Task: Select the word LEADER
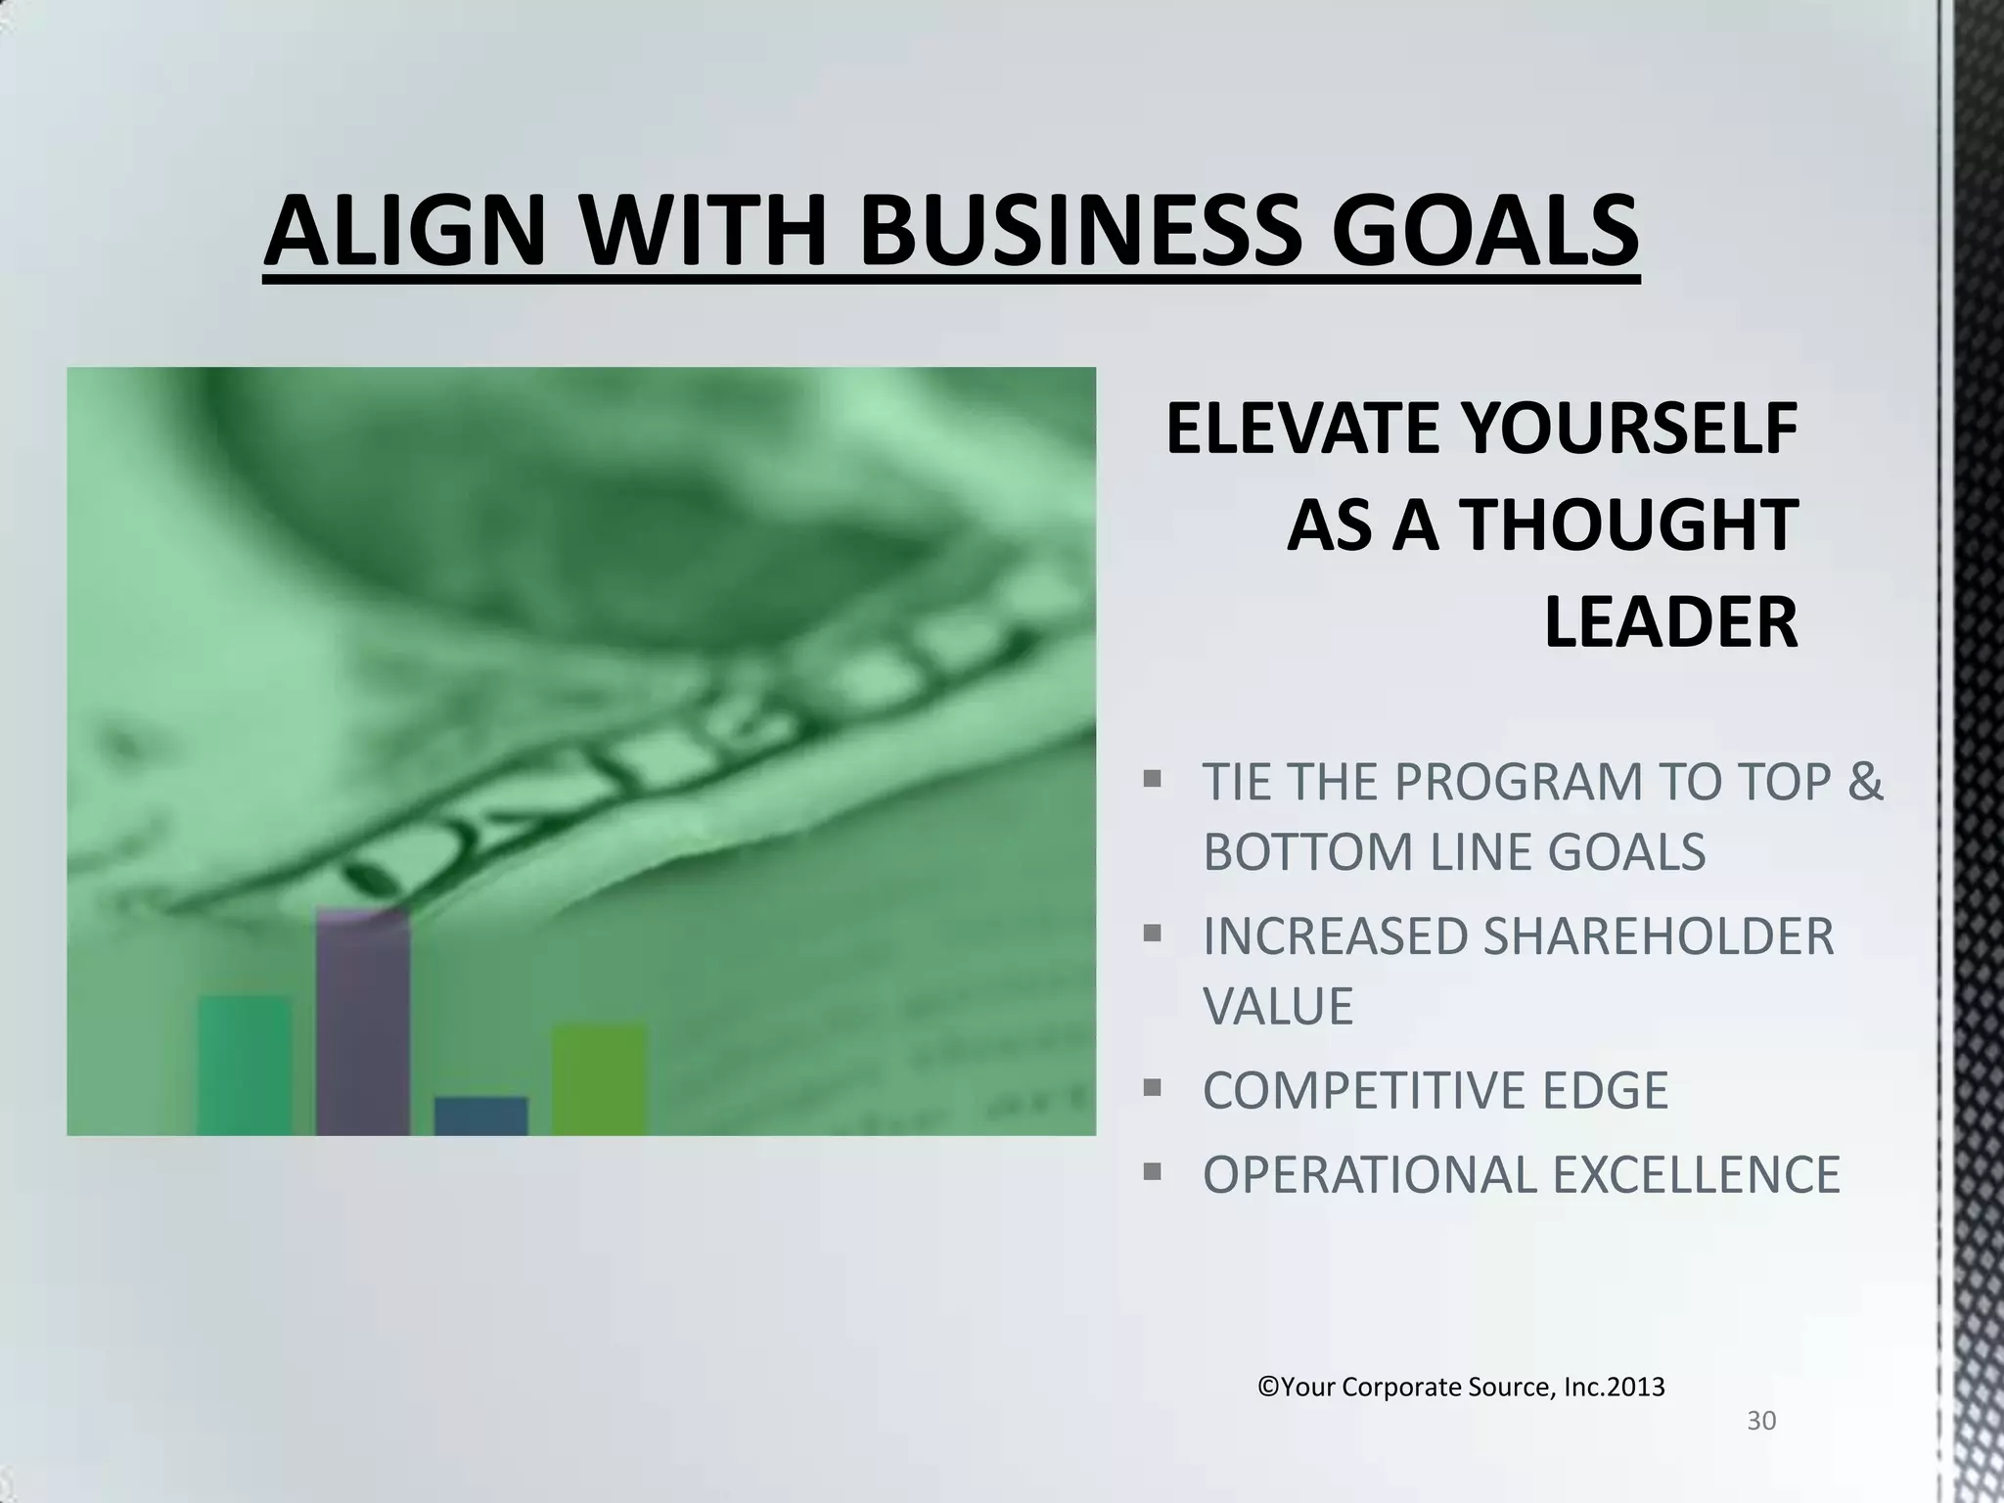pyautogui.click(x=1670, y=622)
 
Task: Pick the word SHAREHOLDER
pyautogui.click(x=1658, y=936)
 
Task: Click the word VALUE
pyautogui.click(x=1278, y=1006)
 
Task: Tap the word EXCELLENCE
pyautogui.click(x=1697, y=1175)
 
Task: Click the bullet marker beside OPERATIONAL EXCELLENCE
pyautogui.click(x=1152, y=1170)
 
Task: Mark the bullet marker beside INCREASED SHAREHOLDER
pyautogui.click(x=1152, y=933)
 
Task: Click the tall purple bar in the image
pyautogui.click(x=363, y=1023)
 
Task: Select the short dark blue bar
pyautogui.click(x=480, y=1116)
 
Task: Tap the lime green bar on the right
pyautogui.click(x=599, y=1079)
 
